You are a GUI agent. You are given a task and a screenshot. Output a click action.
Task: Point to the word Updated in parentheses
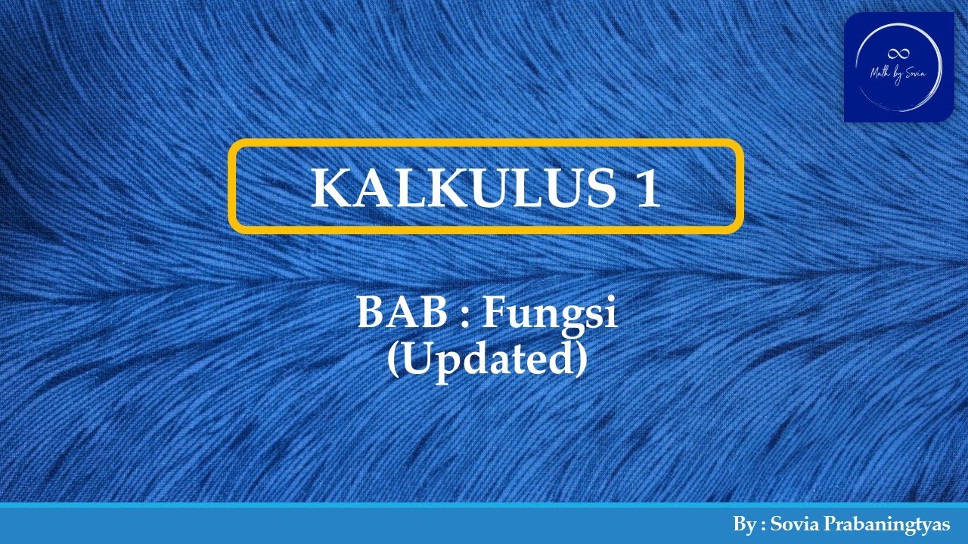pyautogui.click(x=487, y=360)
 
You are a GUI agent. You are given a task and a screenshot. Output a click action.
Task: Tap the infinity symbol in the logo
pyautogui.click(x=899, y=53)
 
